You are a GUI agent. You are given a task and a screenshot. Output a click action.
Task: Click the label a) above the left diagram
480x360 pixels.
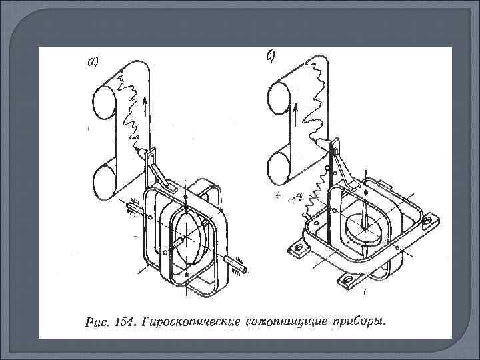pyautogui.click(x=93, y=63)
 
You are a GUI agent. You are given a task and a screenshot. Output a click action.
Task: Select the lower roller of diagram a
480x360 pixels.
pyautogui.click(x=105, y=181)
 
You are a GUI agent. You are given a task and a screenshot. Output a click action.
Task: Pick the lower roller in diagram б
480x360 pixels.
pyautogui.click(x=281, y=169)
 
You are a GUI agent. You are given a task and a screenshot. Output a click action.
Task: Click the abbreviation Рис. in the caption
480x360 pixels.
pyautogui.click(x=95, y=324)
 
